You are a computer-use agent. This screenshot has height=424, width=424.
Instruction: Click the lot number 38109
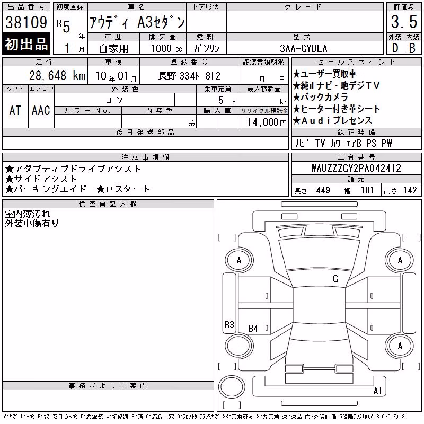(26, 22)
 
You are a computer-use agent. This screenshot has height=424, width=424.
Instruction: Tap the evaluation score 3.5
(404, 22)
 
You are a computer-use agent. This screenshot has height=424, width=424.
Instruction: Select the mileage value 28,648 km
(57, 75)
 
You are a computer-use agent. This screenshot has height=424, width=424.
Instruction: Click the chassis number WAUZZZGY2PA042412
(356, 168)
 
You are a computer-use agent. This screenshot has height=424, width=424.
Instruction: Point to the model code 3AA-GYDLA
(303, 48)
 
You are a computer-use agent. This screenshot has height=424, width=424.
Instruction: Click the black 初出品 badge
(26, 44)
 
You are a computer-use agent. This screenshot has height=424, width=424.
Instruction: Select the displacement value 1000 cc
(166, 48)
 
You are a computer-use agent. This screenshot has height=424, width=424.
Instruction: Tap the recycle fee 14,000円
(267, 122)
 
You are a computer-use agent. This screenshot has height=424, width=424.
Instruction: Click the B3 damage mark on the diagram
(229, 324)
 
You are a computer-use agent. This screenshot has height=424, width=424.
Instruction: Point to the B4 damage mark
(253, 328)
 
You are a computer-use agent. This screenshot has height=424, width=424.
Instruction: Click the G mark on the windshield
(335, 279)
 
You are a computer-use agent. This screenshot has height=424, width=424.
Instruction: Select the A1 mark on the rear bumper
(377, 391)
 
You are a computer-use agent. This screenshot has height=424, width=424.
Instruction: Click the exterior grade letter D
(395, 48)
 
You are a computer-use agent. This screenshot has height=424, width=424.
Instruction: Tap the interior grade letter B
(412, 48)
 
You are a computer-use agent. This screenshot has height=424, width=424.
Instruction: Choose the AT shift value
(15, 110)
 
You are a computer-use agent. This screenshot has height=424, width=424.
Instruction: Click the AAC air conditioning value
(41, 110)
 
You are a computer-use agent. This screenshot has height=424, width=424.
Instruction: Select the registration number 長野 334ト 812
(189, 76)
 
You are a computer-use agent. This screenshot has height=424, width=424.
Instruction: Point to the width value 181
(367, 190)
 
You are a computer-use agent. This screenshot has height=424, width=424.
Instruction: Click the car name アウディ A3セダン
(137, 22)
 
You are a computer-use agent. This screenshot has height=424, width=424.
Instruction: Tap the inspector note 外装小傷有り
(32, 223)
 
